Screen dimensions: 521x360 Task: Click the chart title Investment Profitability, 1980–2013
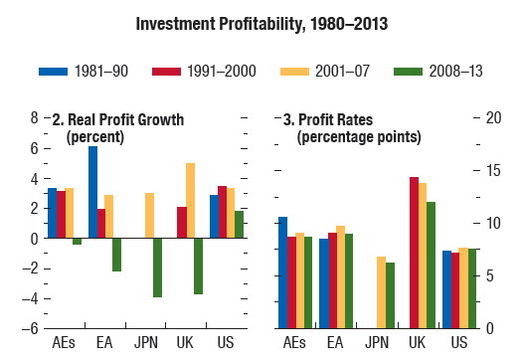coord(261,24)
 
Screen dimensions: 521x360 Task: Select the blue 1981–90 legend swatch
coord(53,72)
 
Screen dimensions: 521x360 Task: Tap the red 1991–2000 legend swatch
coord(166,72)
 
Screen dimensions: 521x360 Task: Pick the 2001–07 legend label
coord(342,72)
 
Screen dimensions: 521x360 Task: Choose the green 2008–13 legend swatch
coord(408,72)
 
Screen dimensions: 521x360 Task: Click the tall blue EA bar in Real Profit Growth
coord(92,192)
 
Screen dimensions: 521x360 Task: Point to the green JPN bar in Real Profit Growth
coord(157,268)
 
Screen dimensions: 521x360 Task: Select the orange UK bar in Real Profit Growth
coord(190,201)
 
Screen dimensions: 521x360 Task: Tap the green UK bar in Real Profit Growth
coord(199,266)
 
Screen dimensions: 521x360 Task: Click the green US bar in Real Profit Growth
coord(240,225)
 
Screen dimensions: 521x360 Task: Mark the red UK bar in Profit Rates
coord(414,253)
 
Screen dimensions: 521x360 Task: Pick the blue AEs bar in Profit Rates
coord(282,272)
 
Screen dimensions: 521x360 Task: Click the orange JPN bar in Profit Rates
coord(382,292)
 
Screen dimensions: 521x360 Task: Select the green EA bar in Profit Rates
coord(349,281)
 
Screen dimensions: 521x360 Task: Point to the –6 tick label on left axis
coord(30,329)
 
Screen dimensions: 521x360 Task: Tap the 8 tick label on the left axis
coord(34,117)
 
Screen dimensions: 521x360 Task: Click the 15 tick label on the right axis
coord(493,170)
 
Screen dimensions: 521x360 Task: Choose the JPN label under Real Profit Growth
coord(146,343)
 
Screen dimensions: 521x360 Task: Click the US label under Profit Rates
coord(459,343)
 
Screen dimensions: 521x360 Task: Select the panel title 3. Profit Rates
coord(328,119)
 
